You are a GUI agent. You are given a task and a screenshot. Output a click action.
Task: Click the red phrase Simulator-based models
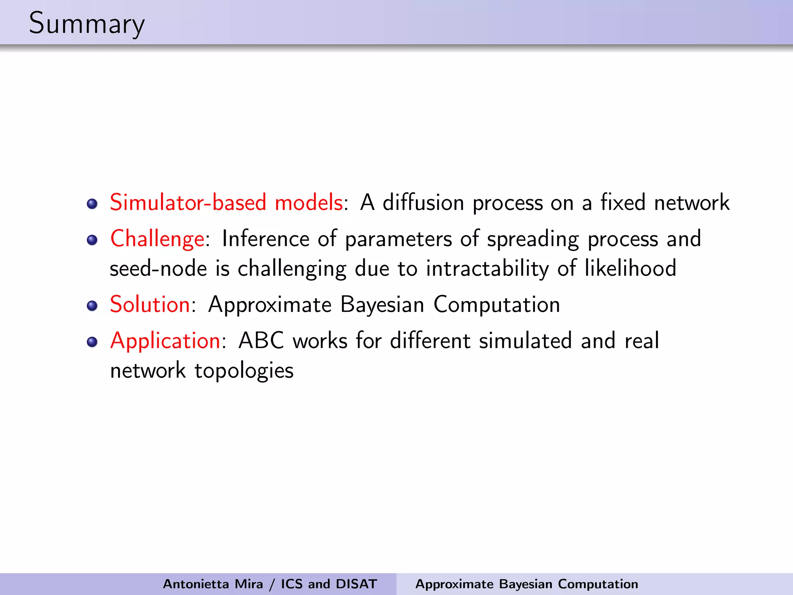click(x=226, y=202)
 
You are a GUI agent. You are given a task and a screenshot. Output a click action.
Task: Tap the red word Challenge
click(x=157, y=238)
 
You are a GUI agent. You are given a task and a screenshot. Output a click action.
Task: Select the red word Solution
click(x=150, y=304)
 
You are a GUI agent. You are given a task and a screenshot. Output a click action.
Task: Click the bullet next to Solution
click(x=92, y=306)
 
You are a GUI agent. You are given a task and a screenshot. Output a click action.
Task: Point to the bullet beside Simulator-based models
click(x=92, y=204)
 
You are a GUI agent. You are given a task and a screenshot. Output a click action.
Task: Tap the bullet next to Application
click(x=92, y=342)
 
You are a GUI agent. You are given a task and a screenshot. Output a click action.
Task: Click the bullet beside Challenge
click(x=92, y=240)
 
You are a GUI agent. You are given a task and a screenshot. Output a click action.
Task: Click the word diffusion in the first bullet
click(x=423, y=202)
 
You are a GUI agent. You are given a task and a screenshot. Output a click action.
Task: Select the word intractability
click(x=487, y=268)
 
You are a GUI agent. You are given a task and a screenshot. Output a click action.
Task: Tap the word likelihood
click(x=630, y=268)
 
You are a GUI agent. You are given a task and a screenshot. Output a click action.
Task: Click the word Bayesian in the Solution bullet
click(x=382, y=304)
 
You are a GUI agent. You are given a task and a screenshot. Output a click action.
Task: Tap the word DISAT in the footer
click(x=356, y=584)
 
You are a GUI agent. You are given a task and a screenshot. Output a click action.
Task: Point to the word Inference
click(x=265, y=238)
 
